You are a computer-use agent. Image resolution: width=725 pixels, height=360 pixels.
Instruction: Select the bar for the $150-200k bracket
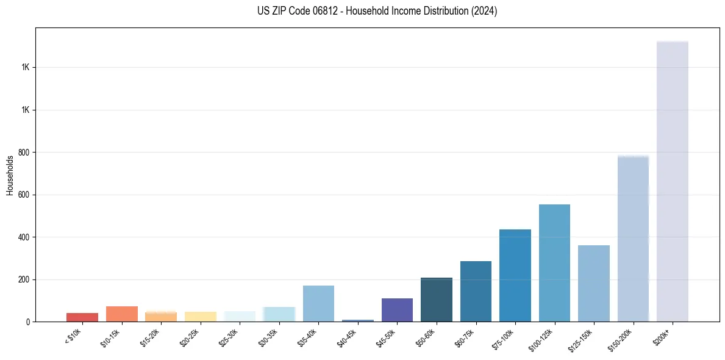pos(633,239)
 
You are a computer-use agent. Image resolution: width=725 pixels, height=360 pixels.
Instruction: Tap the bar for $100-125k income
pos(554,263)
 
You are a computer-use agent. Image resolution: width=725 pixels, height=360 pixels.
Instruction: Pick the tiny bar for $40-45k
pos(358,320)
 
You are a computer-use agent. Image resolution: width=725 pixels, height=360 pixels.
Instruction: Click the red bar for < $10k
pos(82,317)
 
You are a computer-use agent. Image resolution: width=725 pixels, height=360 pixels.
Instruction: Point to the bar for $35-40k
pos(318,303)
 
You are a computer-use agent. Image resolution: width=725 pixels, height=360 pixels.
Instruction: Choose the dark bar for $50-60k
pos(437,300)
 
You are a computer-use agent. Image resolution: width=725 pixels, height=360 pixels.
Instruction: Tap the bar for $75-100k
pos(515,275)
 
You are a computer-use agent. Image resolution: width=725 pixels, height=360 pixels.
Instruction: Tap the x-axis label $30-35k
pos(269,336)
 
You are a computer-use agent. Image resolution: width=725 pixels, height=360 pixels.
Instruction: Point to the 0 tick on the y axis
pos(27,322)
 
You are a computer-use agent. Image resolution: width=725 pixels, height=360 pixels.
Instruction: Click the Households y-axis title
pos(10,175)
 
